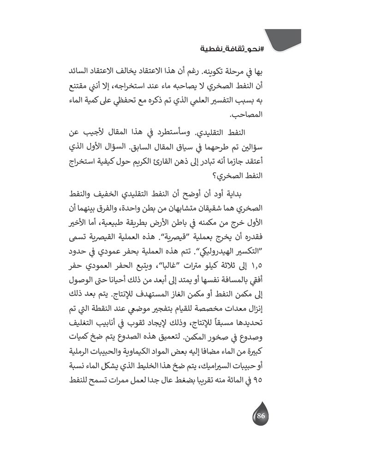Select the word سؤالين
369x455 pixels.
click(289, 148)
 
